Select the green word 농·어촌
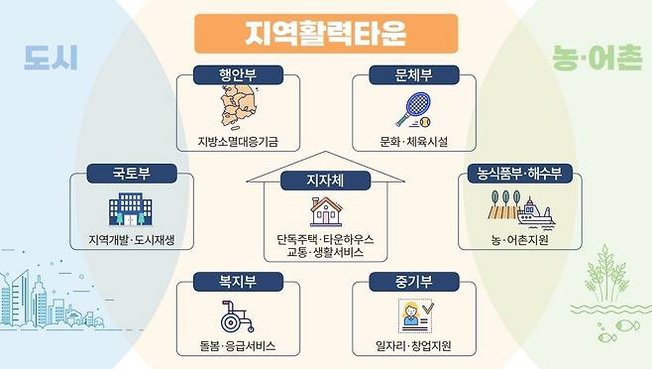point(596,61)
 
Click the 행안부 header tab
point(238,74)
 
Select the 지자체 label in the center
point(325,180)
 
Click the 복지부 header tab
point(238,281)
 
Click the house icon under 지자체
point(325,210)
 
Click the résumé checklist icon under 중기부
point(413,316)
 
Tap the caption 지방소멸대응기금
point(238,142)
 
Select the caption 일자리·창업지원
point(414,347)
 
